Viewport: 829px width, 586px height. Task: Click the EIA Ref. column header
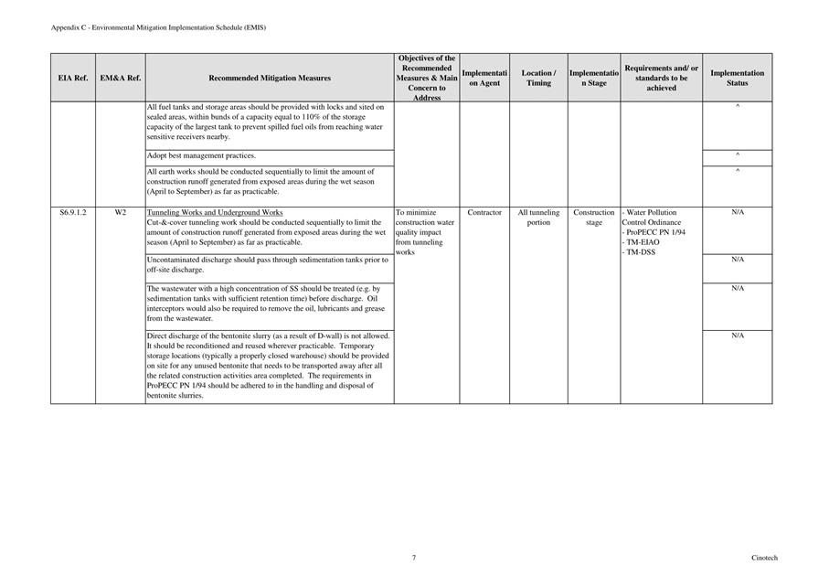click(x=73, y=79)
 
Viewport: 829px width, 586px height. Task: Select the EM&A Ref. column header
click(x=120, y=79)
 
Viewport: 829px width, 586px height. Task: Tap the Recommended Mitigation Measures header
click(x=270, y=79)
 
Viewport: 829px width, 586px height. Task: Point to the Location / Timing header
click(x=538, y=79)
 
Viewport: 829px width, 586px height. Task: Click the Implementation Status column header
click(x=737, y=79)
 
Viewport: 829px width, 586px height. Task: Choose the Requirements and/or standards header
click(x=662, y=79)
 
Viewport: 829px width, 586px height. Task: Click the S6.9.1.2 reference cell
click(x=73, y=213)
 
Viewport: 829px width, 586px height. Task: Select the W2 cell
click(x=120, y=213)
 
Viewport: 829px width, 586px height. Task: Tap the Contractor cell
click(x=484, y=213)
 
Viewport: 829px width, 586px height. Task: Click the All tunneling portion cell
click(x=538, y=218)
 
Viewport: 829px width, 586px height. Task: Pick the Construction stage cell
click(x=594, y=218)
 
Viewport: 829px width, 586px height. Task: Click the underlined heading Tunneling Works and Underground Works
click(x=215, y=213)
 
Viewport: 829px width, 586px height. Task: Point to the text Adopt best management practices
click(x=201, y=156)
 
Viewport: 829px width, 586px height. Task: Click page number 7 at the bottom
click(x=414, y=558)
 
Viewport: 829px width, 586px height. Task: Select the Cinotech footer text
click(x=764, y=558)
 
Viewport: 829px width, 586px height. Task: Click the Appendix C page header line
click(x=159, y=28)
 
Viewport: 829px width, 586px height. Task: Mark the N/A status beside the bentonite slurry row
click(x=737, y=336)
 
